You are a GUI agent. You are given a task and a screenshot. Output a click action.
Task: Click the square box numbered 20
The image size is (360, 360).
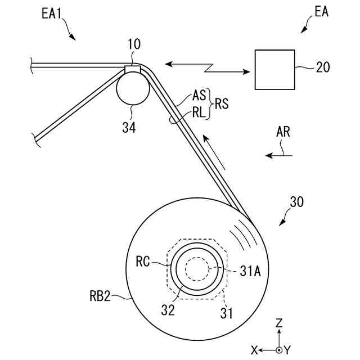coord(275,69)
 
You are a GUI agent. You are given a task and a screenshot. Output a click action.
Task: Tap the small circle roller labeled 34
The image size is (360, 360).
coord(133,88)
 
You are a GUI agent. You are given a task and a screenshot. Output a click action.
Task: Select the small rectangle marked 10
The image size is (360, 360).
coord(132,69)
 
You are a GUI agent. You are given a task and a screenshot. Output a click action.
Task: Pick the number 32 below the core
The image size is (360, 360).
coord(168,309)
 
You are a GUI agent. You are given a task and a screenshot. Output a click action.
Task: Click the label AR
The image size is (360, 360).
coord(284,133)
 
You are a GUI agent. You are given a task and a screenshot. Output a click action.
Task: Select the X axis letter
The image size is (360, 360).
coord(254,350)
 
